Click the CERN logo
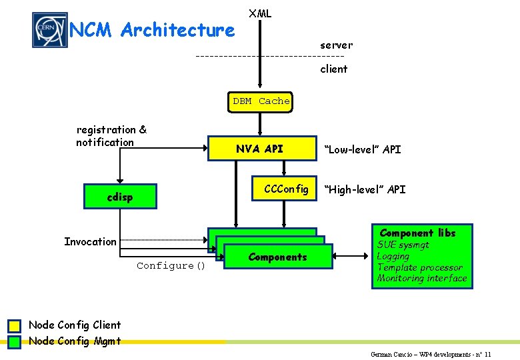50,30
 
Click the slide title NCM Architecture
152,30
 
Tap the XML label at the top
260,13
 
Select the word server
336,45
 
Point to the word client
333,69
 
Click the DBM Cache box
261,101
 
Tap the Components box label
277,257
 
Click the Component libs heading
418,233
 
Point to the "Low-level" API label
363,149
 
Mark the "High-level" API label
365,189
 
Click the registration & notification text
111,136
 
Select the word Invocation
90,241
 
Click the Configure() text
171,265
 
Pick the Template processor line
419,267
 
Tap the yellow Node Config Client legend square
15,326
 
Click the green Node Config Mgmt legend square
15,342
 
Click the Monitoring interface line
422,278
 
